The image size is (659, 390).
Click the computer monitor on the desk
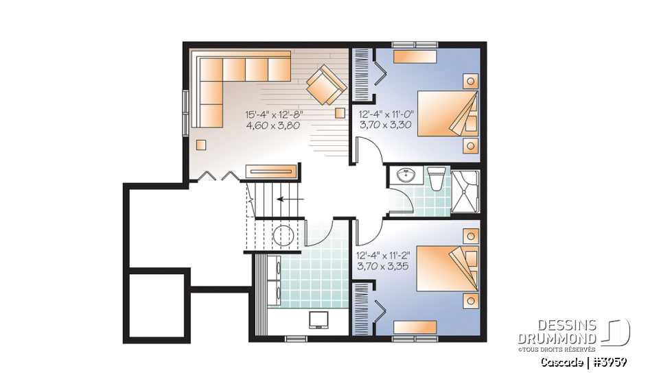(319, 320)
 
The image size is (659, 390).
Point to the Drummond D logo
(618, 332)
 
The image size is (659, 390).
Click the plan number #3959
(610, 361)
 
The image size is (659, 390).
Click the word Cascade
(562, 361)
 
